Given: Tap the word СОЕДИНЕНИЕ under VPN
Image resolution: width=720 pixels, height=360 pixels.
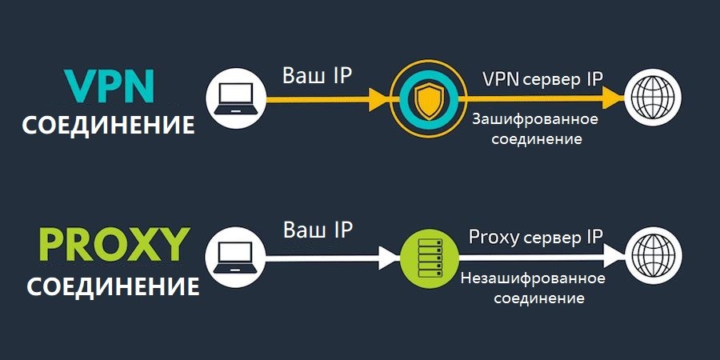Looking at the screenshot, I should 109,126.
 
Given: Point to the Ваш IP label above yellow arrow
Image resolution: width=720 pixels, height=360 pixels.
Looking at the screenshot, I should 318,76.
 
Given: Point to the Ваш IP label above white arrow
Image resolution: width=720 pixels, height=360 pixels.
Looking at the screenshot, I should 318,230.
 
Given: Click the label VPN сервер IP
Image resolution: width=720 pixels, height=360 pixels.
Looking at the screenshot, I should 542,79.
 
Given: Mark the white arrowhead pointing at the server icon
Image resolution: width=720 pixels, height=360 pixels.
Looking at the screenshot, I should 389,257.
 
